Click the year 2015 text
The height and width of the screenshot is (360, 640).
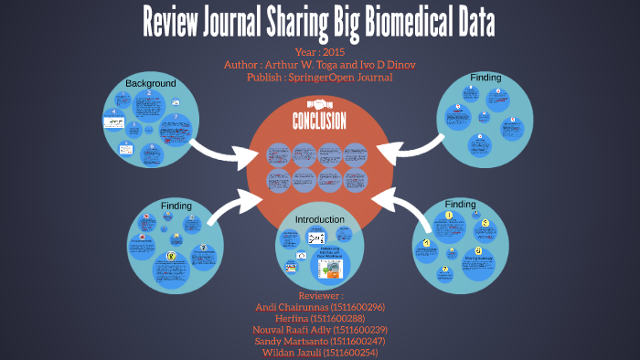[319, 52]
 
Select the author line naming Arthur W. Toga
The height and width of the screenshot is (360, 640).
[319, 65]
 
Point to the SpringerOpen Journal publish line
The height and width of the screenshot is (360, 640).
[319, 78]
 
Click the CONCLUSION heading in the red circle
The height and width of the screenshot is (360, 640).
[319, 122]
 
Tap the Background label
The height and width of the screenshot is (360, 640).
[150, 84]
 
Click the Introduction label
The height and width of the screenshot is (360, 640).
[319, 220]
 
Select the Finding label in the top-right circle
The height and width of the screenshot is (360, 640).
[485, 78]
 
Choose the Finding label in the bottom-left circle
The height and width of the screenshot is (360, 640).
[176, 206]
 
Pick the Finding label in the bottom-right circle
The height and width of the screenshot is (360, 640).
[460, 204]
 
